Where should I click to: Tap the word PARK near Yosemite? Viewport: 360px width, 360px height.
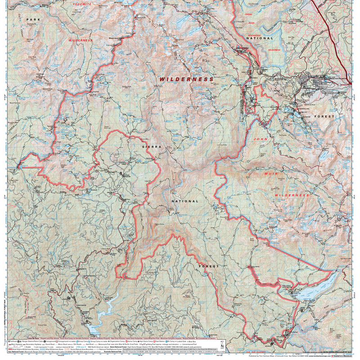click(33, 20)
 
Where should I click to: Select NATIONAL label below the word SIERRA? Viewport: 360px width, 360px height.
click(184, 201)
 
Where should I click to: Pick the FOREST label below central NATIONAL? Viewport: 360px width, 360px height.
click(208, 266)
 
